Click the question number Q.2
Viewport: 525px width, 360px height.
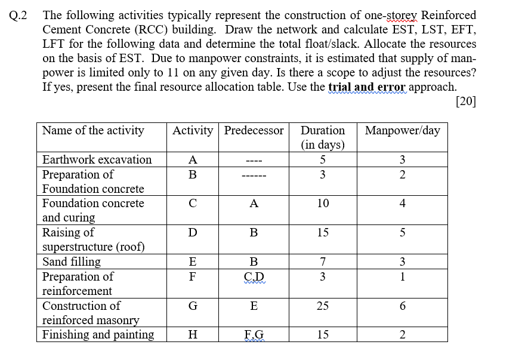(19, 16)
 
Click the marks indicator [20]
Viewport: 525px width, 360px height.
(465, 101)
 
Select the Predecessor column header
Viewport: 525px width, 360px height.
(254, 130)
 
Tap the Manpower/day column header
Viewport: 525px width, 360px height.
(402, 130)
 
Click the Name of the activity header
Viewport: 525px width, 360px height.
(93, 130)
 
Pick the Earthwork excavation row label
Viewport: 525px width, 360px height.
(97, 159)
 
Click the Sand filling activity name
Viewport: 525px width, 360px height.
(72, 261)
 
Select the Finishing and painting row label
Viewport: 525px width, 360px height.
(98, 334)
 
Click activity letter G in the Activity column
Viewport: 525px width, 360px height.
(192, 306)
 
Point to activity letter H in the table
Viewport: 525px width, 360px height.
(192, 335)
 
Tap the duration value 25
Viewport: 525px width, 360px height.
(322, 306)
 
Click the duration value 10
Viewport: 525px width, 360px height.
(322, 204)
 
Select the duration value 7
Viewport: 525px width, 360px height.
(322, 261)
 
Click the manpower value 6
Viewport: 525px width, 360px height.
(402, 306)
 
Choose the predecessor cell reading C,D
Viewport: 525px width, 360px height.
(254, 277)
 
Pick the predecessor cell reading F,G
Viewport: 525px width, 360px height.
(254, 335)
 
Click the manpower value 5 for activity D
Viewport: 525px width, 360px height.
(402, 232)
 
